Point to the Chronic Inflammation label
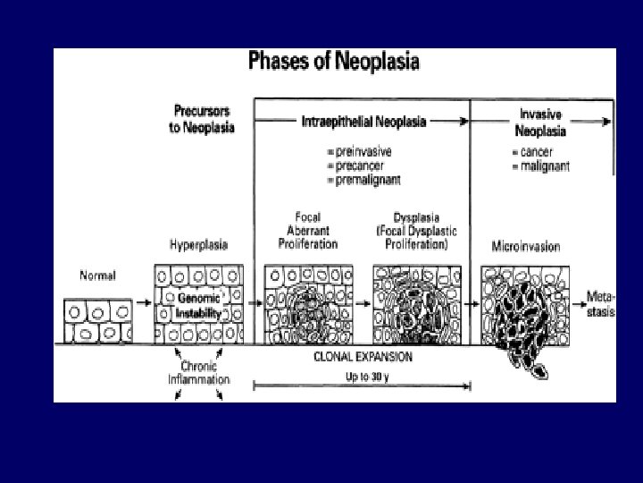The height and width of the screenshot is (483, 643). click(x=198, y=373)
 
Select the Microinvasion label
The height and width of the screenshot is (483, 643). click(x=525, y=246)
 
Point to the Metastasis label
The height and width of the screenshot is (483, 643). click(x=600, y=303)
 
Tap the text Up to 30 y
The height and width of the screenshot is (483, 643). click(x=363, y=377)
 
